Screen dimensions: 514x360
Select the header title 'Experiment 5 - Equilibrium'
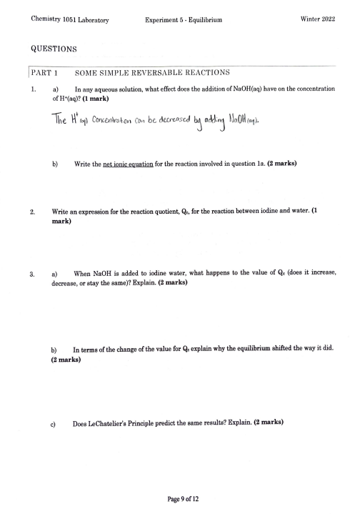point(183,21)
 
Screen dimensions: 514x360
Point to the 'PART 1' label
point(44,73)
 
